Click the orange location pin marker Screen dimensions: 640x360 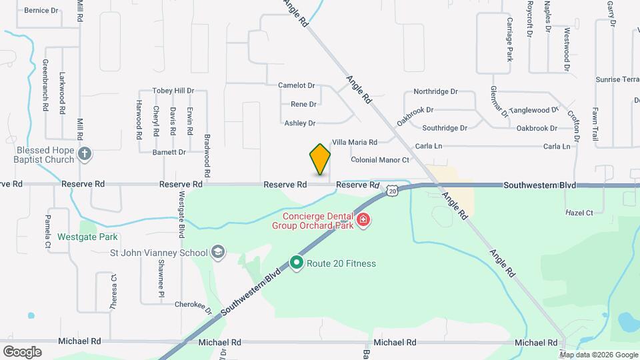tap(320, 159)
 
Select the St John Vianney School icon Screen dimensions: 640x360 tap(217, 252)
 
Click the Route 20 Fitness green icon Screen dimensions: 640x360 tap(297, 263)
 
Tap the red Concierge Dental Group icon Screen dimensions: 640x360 tap(363, 220)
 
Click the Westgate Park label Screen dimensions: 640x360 tap(87, 237)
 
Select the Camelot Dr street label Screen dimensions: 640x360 tap(297, 85)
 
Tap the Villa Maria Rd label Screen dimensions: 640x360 tap(355, 142)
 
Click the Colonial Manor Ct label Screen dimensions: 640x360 tap(380, 160)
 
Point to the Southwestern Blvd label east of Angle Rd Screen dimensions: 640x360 tap(539, 184)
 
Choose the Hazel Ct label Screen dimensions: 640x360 tap(579, 213)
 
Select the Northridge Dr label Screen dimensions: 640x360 tap(435, 91)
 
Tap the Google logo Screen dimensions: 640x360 tap(22, 351)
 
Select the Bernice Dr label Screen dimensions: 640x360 tap(41, 11)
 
